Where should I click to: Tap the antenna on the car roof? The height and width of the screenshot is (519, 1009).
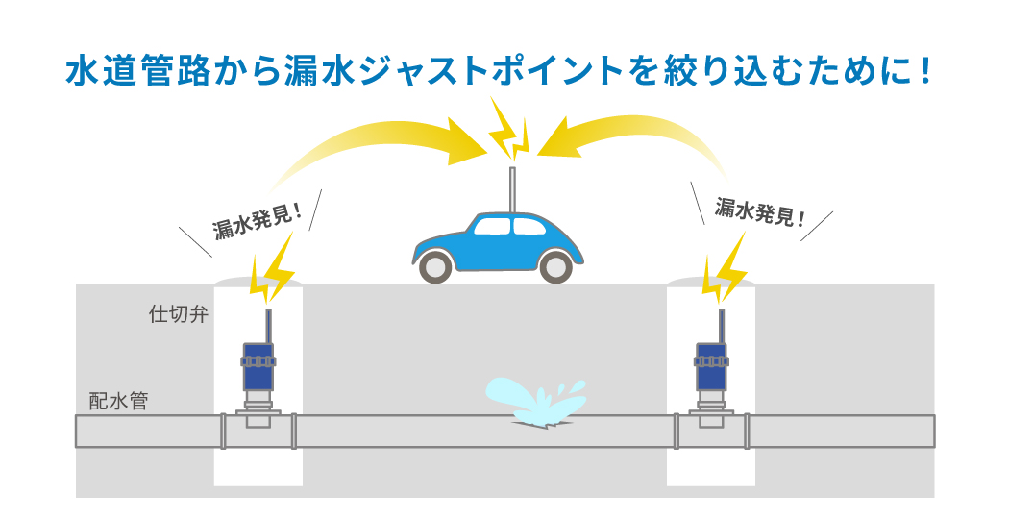512,188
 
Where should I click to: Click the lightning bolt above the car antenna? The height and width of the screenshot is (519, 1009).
508,130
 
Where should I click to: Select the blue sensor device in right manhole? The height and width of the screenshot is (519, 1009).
711,365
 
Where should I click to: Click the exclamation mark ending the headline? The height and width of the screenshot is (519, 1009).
925,72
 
